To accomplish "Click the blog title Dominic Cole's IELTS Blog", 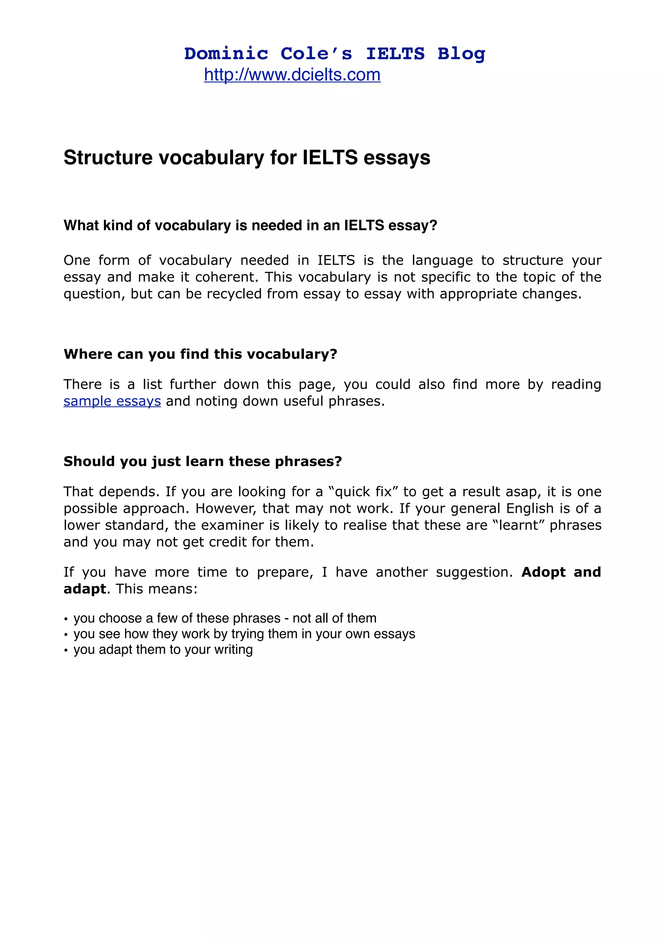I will [334, 54].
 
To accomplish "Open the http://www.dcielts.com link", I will [292, 75].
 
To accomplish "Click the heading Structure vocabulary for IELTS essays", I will [247, 158].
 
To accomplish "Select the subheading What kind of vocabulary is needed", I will [250, 225].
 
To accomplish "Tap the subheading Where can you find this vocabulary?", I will [200, 354].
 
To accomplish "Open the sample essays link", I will [112, 401].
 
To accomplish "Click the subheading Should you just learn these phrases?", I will [202, 462].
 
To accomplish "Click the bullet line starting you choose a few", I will [224, 618].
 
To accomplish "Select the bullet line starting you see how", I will [244, 634].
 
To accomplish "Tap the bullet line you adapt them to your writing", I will [163, 650].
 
